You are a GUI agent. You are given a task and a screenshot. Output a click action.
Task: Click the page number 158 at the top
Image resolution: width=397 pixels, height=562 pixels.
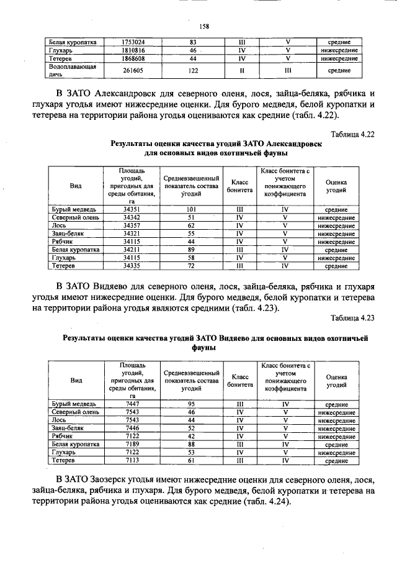(203, 26)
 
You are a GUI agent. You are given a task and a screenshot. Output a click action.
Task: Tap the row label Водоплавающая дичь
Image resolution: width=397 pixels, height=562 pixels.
(73, 70)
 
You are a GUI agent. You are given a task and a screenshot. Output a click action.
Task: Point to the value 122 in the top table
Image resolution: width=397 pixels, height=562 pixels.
(193, 70)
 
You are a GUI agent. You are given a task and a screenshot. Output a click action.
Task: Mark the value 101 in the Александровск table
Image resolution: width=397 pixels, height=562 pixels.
(191, 210)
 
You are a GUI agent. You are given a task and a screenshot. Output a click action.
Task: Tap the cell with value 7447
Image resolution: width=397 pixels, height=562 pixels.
(133, 404)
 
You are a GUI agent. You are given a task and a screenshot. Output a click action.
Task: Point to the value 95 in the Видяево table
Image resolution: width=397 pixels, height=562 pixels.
(191, 404)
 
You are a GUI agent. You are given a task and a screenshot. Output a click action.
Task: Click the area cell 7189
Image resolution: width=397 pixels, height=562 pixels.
(133, 445)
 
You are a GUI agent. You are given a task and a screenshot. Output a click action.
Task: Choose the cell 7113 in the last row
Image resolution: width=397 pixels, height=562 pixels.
(133, 461)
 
